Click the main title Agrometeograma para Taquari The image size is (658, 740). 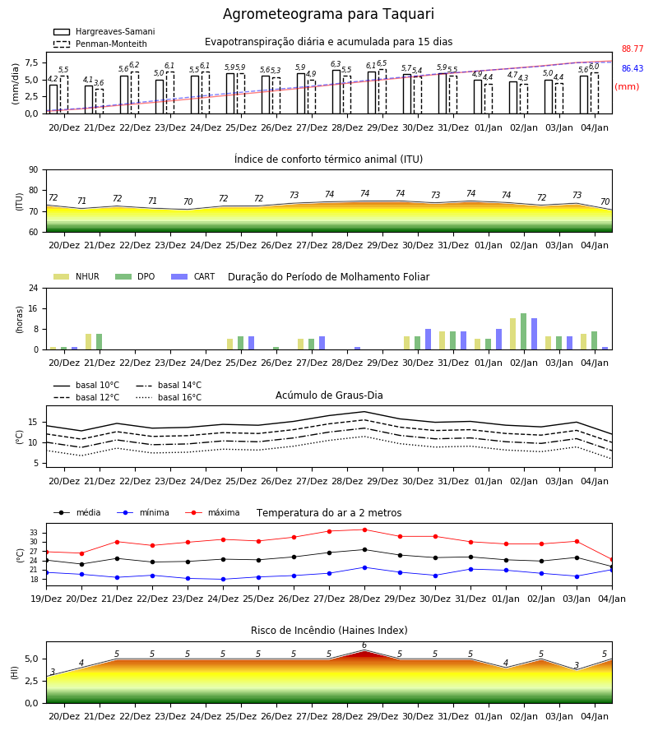[328, 14]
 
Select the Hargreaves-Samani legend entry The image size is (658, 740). [104, 31]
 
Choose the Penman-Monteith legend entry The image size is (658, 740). [100, 44]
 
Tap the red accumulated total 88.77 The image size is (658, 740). [633, 49]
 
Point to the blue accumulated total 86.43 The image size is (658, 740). [633, 68]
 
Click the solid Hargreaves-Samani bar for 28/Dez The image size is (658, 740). [336, 92]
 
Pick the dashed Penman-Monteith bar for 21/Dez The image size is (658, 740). [100, 101]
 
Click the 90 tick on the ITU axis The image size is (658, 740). [34, 170]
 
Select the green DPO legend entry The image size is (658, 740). [135, 276]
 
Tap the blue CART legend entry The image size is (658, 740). [193, 276]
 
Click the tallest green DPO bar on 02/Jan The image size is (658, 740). [523, 332]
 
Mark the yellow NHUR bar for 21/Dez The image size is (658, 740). [88, 342]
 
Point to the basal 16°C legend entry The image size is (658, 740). [169, 397]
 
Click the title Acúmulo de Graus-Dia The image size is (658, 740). [329, 395]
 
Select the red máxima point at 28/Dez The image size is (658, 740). [364, 530]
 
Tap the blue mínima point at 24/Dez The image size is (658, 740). [223, 579]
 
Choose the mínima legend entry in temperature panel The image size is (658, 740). [143, 512]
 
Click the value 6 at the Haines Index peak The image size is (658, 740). [364, 645]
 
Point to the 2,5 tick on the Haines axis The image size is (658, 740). [31, 681]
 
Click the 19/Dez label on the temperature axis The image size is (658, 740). [46, 599]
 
